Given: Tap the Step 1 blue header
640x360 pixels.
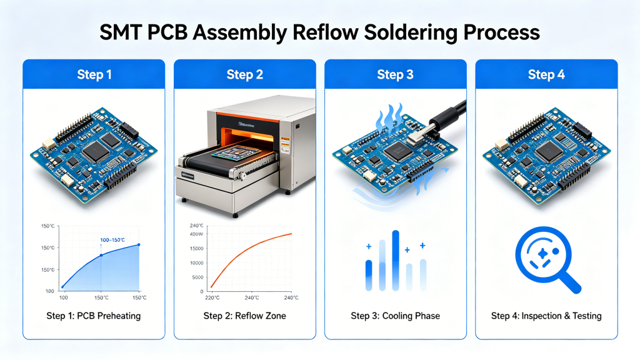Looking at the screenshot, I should click(x=94, y=74).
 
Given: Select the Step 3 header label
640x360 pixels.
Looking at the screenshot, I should click(x=395, y=74).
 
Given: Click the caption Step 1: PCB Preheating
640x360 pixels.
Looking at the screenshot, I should click(x=94, y=316).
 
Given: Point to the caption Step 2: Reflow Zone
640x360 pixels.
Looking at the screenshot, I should click(x=244, y=316).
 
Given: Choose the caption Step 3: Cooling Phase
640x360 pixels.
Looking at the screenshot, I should click(x=395, y=316).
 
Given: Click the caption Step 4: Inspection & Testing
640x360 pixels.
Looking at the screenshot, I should click(x=546, y=316).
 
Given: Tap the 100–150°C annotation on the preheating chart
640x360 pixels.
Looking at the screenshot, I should click(x=112, y=240).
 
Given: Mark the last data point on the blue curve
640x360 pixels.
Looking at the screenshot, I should click(x=139, y=244).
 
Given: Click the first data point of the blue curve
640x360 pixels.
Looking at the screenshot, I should click(x=62, y=287).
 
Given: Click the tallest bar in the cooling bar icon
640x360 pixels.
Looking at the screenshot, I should click(x=396, y=260).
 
